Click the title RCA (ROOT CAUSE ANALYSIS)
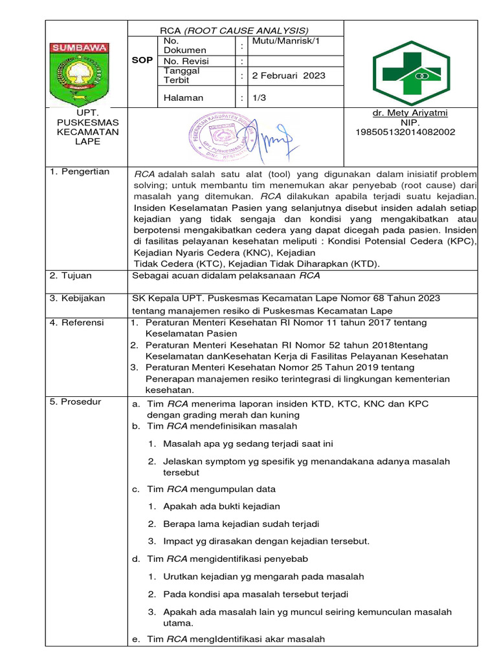pyautogui.click(x=234, y=30)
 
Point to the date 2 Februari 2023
pyautogui.click(x=289, y=76)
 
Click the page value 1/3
pyautogui.click(x=260, y=98)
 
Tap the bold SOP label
pyautogui.click(x=142, y=60)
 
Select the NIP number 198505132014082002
pyautogui.click(x=405, y=132)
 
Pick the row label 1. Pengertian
pyautogui.click(x=80, y=172)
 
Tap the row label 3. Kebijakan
pyautogui.click(x=77, y=297)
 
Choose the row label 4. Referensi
pyautogui.click(x=77, y=323)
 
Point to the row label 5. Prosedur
pyautogui.click(x=76, y=402)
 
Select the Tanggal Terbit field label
pyautogui.click(x=182, y=76)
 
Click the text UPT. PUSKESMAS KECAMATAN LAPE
pyautogui.click(x=79, y=127)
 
